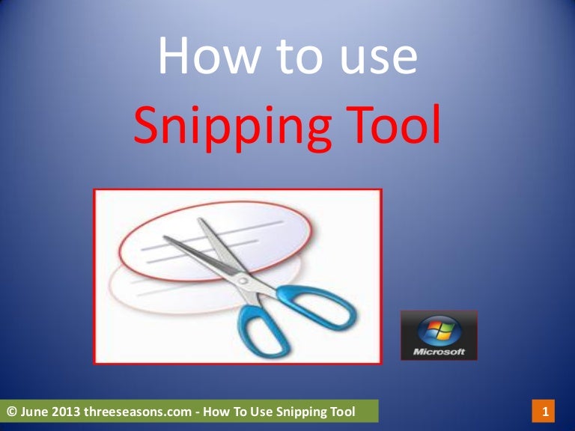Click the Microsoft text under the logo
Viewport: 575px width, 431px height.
(x=439, y=351)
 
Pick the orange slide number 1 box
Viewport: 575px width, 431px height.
(x=545, y=411)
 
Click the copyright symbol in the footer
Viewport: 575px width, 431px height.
(x=11, y=411)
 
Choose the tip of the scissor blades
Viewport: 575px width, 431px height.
(x=164, y=239)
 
